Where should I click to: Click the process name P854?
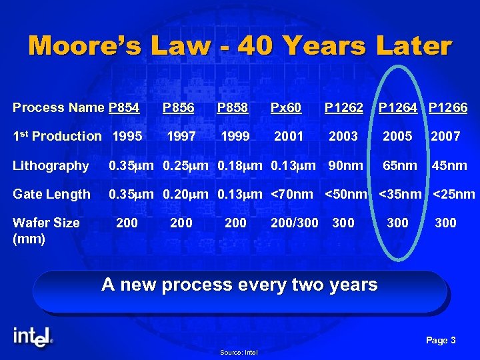point(124,107)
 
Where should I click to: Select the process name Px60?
point(286,107)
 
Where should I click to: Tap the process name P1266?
point(448,107)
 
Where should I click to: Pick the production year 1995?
point(127,136)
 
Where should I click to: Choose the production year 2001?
point(289,136)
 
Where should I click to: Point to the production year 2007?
point(445,136)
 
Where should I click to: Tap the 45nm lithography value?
point(449,165)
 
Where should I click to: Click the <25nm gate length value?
point(454,194)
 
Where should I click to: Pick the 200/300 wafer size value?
point(294,223)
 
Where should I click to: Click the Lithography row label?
point(51,165)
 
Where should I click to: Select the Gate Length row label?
point(51,194)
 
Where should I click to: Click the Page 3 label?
point(441,341)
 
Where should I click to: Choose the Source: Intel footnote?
point(239,353)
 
